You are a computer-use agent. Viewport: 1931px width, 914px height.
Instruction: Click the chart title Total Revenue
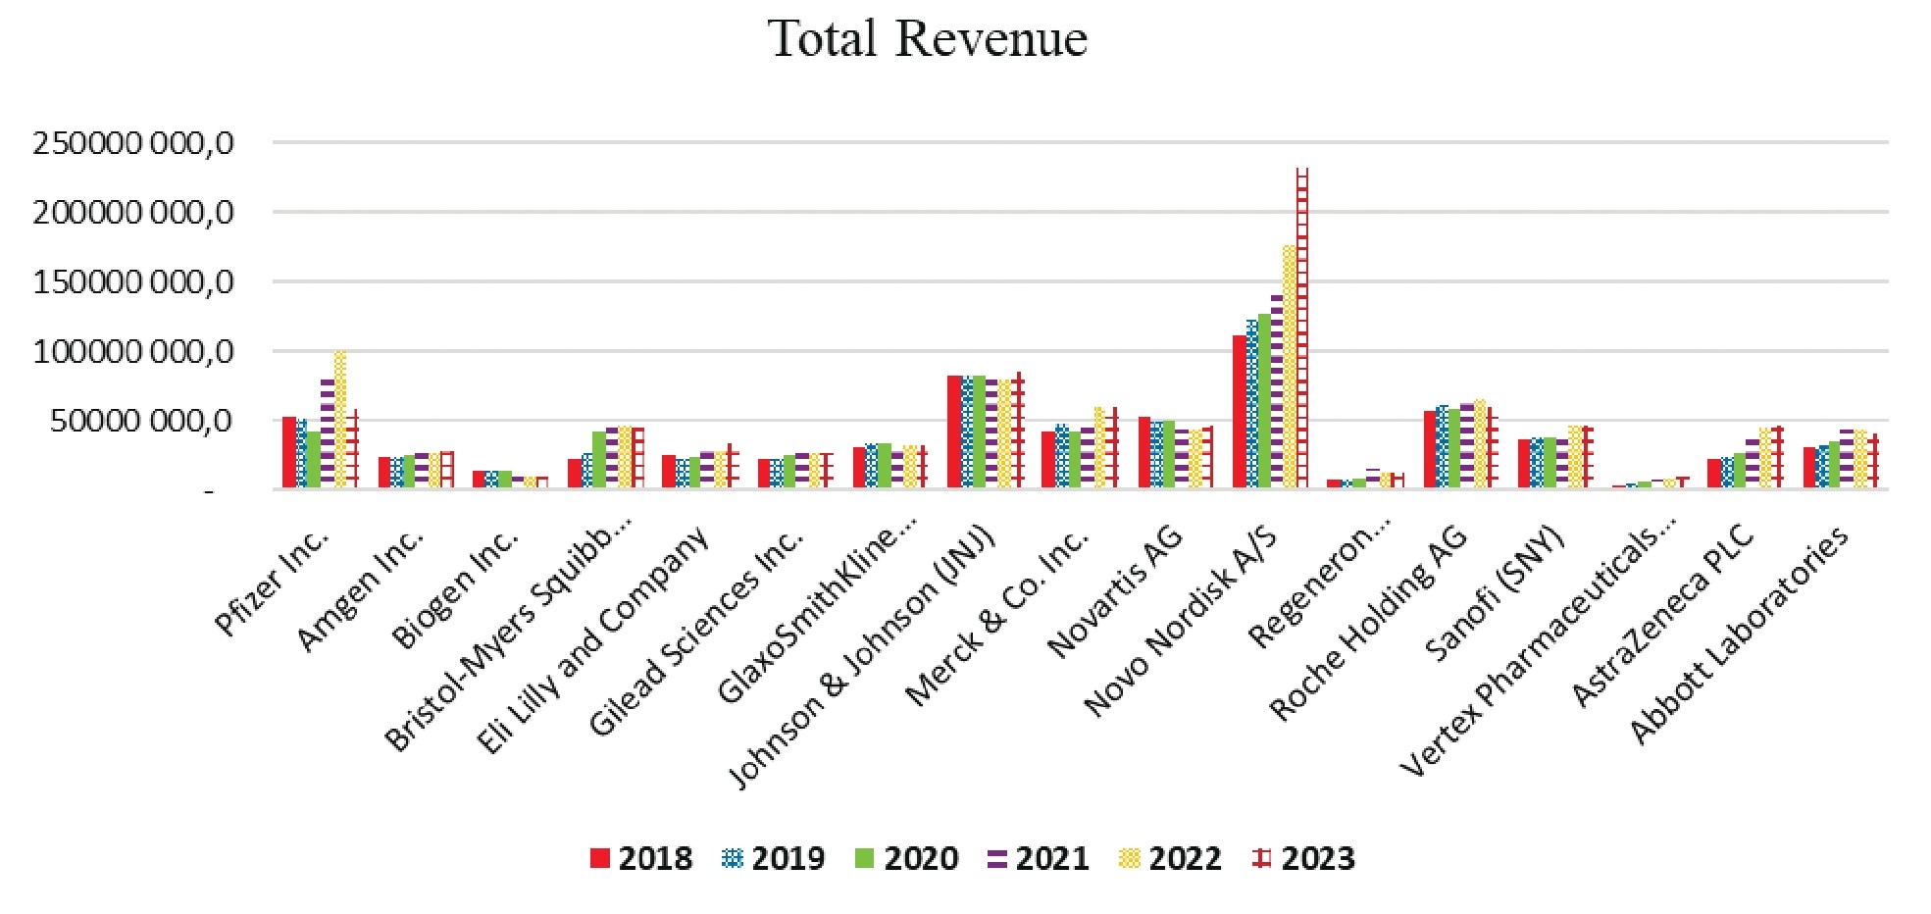929,39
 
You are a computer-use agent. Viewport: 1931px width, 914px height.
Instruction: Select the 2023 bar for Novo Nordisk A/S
1302,329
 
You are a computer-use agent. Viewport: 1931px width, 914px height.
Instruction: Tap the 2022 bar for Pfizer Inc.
340,420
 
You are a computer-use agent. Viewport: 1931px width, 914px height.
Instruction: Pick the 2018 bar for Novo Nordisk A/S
1240,412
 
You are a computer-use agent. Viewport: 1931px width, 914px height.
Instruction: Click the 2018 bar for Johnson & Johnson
954,432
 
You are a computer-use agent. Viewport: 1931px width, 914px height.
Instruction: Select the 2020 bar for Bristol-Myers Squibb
599,459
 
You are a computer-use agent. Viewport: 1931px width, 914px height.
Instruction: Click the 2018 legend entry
641,859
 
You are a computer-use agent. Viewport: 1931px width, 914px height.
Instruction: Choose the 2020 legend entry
906,859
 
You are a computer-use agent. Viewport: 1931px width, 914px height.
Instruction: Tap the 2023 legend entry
1304,859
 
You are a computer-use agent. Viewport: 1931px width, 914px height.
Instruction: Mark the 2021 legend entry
1039,859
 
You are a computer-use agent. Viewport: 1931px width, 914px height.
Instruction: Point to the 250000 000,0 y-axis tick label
133,143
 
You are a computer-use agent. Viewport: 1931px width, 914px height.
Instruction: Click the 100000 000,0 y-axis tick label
133,351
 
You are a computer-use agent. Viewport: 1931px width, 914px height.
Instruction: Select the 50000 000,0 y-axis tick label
143,421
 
